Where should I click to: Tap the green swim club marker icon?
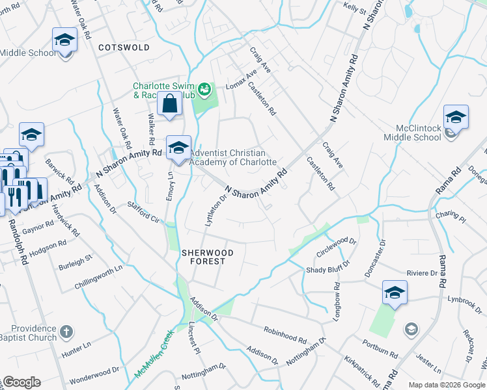tap(204, 88)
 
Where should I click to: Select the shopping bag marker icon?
tap(169, 104)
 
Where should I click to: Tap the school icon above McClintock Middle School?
tap(456, 118)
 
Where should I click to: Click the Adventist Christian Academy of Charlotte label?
tap(233, 158)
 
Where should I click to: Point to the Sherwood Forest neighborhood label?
tap(203, 256)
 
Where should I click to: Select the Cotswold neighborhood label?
tap(124, 47)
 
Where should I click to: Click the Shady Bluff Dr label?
tap(328, 267)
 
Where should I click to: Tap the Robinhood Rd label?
tap(285, 335)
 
